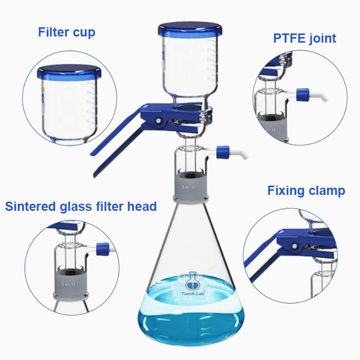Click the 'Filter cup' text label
click(66, 32)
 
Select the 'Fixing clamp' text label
click(305, 191)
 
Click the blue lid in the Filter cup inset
click(67, 74)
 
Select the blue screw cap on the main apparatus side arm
click(223, 152)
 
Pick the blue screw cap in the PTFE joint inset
click(302, 94)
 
